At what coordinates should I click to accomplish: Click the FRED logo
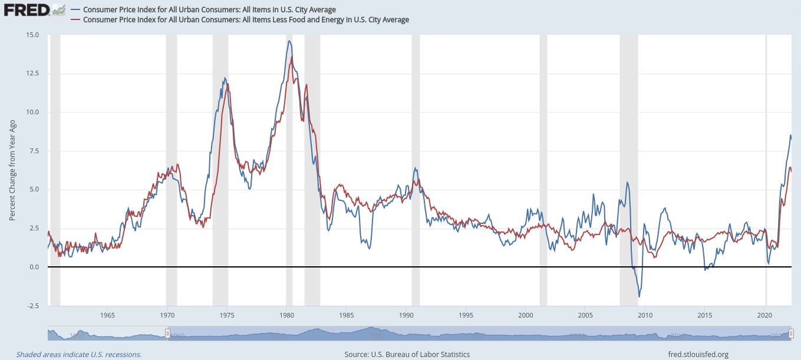[27, 9]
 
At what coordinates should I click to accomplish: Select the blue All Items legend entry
[209, 9]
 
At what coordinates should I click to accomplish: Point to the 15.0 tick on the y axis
[33, 35]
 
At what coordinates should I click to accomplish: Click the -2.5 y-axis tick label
[33, 306]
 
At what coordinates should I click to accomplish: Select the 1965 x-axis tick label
[107, 315]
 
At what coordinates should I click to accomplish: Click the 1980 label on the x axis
[286, 315]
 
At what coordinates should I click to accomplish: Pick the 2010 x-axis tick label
[645, 315]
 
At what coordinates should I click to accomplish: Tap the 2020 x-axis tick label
[764, 315]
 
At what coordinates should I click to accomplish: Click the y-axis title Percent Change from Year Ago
[12, 170]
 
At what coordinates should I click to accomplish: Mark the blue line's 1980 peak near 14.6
[289, 41]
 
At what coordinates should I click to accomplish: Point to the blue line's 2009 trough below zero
[639, 296]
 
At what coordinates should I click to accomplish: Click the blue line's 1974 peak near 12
[225, 78]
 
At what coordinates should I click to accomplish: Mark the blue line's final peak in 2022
[790, 136]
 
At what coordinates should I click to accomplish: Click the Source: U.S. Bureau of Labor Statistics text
[407, 354]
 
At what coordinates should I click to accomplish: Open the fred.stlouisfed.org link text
[698, 354]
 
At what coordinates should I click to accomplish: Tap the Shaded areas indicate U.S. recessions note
[79, 354]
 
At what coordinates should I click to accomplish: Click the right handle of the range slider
[792, 334]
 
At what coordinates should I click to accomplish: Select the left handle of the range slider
[167, 334]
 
